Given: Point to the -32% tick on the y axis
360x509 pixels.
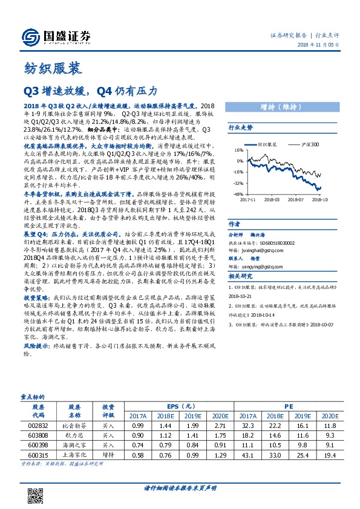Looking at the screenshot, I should coord(237,183).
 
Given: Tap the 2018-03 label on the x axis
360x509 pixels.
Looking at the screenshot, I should coord(272,198).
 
